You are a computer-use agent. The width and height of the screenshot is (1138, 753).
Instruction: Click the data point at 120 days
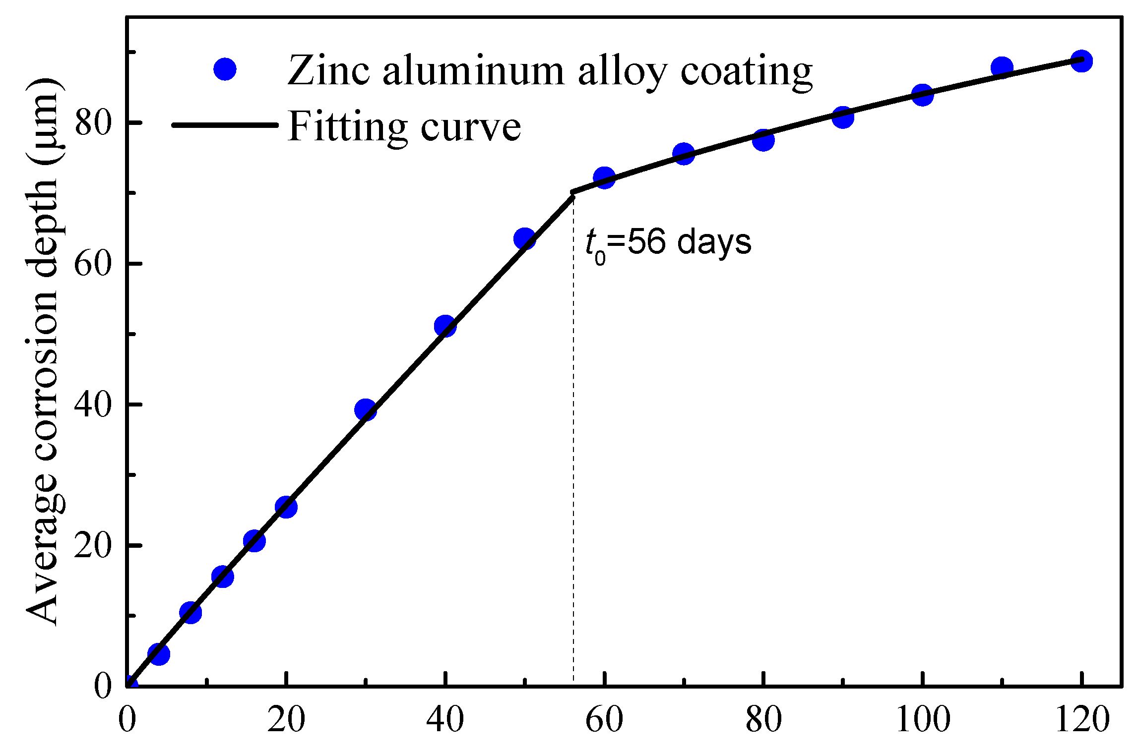click(1081, 61)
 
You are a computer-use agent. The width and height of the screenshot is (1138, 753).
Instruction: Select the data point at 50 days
click(524, 239)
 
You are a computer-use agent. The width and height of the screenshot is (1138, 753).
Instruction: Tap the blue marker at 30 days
click(366, 409)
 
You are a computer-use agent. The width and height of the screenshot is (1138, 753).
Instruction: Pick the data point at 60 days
click(604, 177)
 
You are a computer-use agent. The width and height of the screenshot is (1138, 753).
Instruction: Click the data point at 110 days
click(1002, 68)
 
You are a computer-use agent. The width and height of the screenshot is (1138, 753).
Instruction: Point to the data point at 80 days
click(763, 140)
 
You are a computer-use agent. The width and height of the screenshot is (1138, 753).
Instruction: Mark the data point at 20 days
click(286, 507)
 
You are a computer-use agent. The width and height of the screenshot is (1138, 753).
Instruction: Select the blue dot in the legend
click(225, 69)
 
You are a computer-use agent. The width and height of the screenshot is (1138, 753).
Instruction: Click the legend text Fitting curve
click(404, 126)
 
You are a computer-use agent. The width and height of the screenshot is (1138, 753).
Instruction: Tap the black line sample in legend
click(225, 125)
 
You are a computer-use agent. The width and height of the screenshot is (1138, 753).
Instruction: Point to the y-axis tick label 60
click(91, 264)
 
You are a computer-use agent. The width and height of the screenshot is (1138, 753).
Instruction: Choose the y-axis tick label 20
click(91, 546)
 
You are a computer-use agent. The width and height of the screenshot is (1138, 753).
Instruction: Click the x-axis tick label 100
click(922, 720)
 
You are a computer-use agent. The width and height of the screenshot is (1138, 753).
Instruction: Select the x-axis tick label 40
click(445, 720)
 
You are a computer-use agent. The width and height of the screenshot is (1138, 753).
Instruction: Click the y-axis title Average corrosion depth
click(44, 352)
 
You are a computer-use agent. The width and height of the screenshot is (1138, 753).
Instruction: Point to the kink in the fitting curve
click(573, 193)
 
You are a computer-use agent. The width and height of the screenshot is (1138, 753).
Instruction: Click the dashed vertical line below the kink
click(573, 446)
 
